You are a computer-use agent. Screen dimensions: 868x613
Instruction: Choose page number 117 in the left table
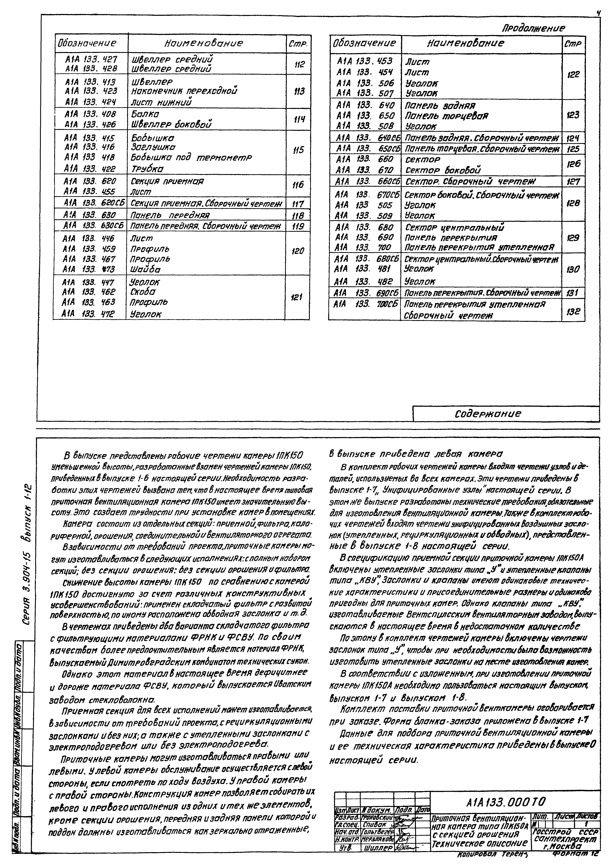pyautogui.click(x=298, y=204)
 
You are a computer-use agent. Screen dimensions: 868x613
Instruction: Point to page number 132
pyautogui.click(x=573, y=311)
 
